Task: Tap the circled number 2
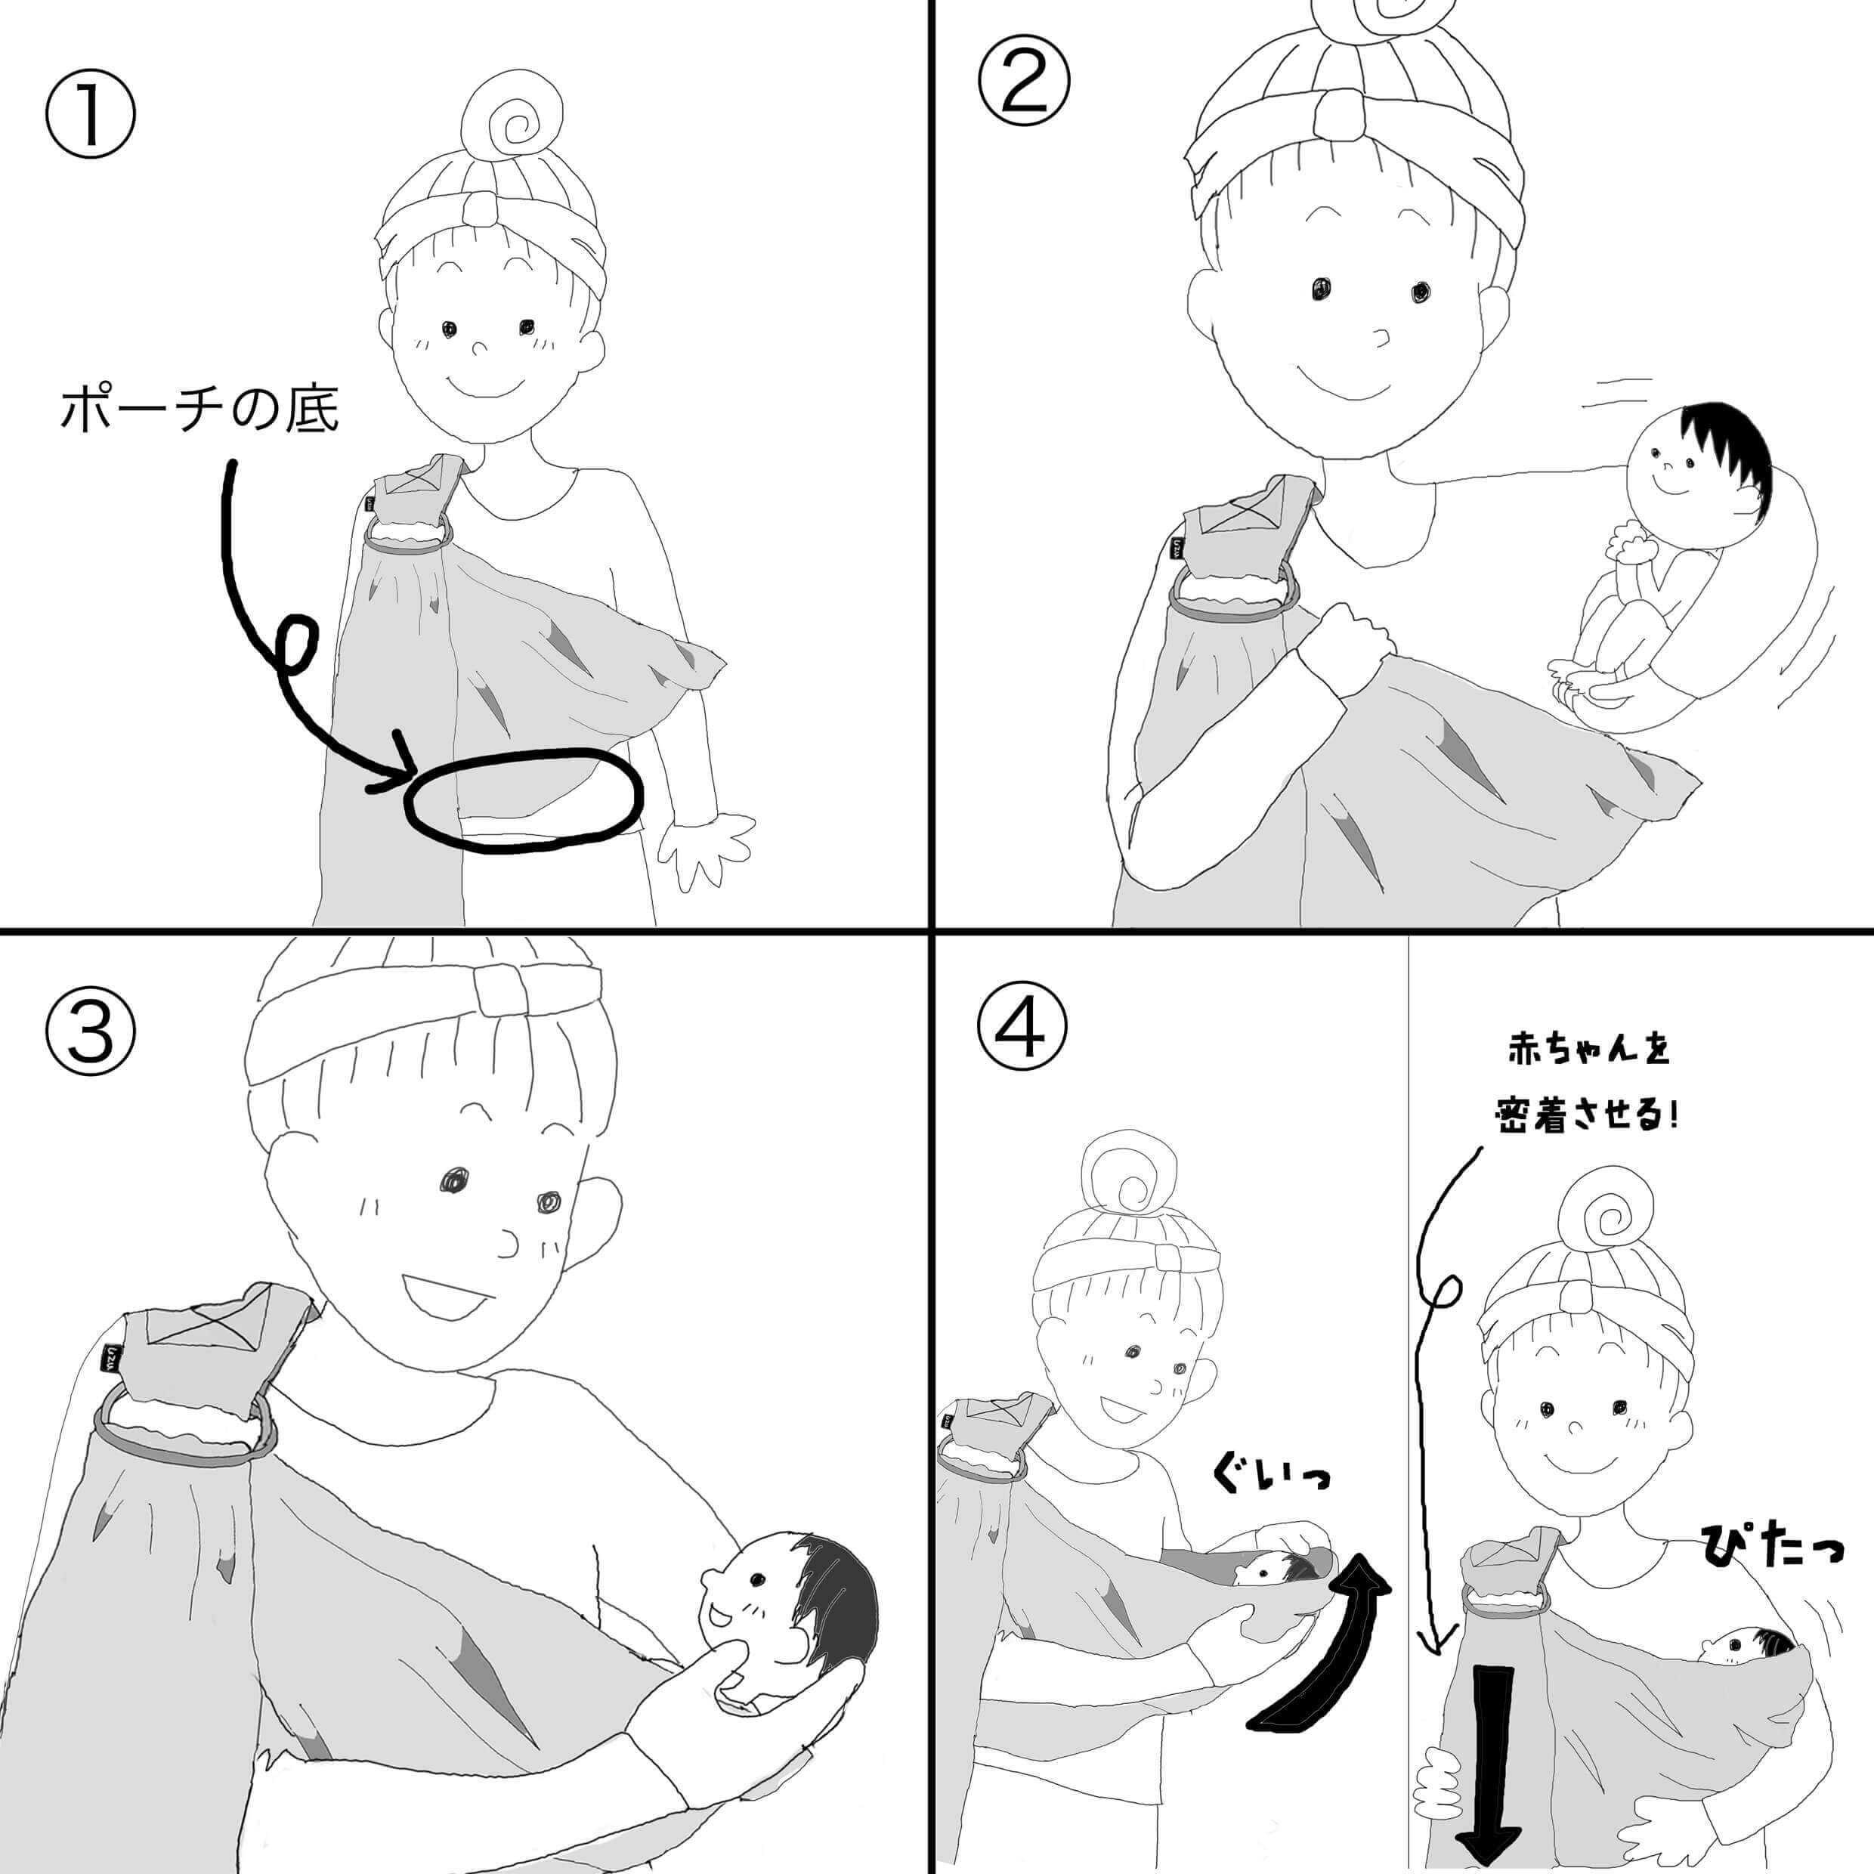1023,82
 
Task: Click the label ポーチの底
199,410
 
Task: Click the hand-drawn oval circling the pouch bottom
523,801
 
